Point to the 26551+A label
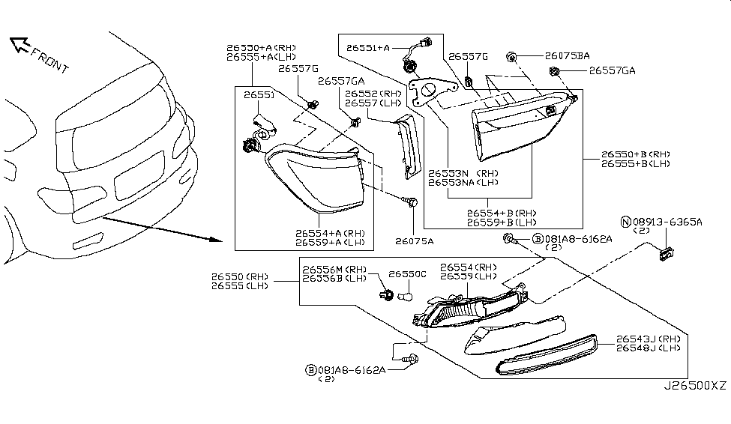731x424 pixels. tap(368, 48)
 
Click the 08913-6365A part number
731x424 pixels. tap(667, 222)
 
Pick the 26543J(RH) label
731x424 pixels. tap(648, 339)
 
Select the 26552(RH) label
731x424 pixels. tap(372, 94)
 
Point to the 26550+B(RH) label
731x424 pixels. tap(634, 154)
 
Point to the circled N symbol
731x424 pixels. tap(625, 222)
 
